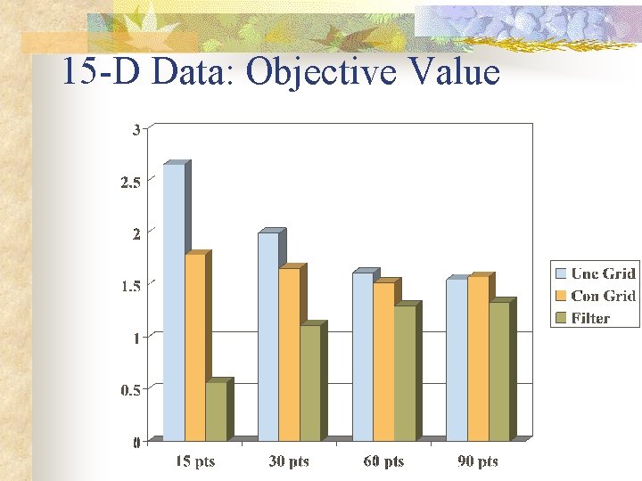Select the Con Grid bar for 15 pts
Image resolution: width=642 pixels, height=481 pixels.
point(194,347)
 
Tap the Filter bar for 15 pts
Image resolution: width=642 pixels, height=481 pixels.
point(216,411)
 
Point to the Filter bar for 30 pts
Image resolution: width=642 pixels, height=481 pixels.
point(309,382)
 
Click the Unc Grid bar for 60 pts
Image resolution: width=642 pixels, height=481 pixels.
point(362,355)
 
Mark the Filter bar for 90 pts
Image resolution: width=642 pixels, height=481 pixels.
point(498,371)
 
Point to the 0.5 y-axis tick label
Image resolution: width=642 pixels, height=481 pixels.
point(130,389)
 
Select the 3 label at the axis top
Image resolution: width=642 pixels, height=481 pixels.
point(136,129)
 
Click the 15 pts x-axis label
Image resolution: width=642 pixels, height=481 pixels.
point(194,461)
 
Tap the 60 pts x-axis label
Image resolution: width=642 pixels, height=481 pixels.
point(383,461)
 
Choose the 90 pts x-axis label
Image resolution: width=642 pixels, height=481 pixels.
point(478,461)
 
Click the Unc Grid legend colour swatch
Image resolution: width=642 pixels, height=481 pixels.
point(561,273)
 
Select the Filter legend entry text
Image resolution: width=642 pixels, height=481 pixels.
point(590,318)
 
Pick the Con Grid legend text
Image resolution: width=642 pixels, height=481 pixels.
point(603,296)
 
